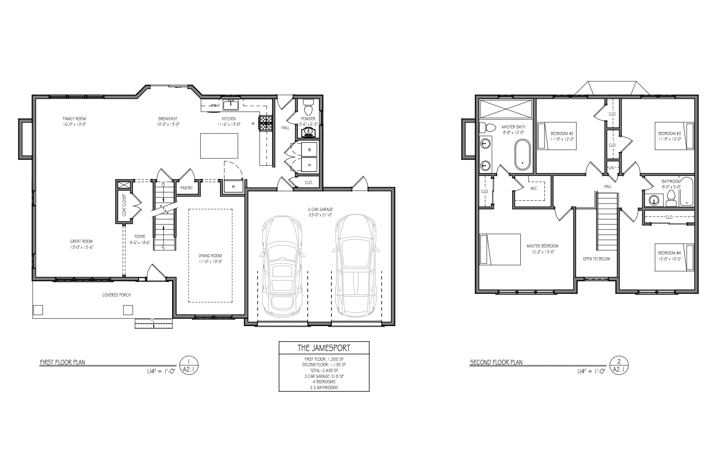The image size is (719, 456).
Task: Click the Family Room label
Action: (x=74, y=119)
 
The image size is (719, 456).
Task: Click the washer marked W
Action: (x=309, y=149)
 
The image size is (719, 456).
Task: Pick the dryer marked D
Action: (x=309, y=165)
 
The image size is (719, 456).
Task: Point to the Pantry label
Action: (x=187, y=188)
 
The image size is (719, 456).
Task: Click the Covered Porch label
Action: (x=116, y=295)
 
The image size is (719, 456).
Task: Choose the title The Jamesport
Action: (x=324, y=348)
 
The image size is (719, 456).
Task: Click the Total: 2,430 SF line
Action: (x=324, y=370)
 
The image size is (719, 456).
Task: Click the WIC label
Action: (x=534, y=188)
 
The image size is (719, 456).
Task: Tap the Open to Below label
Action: (x=596, y=259)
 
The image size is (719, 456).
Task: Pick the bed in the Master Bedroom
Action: (x=500, y=249)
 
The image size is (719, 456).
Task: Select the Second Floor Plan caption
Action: (x=496, y=362)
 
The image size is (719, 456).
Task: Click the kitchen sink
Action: (x=231, y=104)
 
